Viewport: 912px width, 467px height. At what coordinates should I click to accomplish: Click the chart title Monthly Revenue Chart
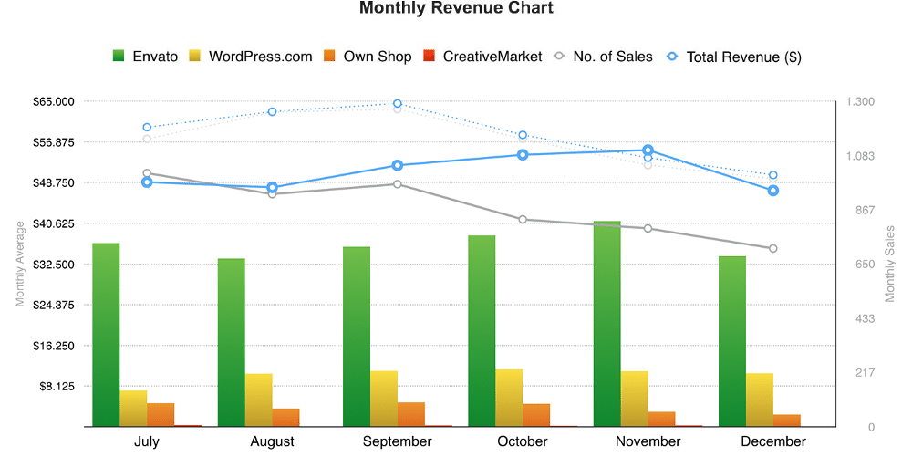click(x=456, y=8)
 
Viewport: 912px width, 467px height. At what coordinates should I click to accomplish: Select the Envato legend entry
click(x=145, y=57)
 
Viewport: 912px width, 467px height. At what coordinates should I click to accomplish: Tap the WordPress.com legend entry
click(x=250, y=57)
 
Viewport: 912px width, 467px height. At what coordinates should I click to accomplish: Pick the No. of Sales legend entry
click(x=603, y=57)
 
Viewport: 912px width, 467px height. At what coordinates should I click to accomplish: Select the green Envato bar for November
click(x=607, y=324)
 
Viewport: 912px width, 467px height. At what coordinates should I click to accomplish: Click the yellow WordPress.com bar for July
click(x=133, y=409)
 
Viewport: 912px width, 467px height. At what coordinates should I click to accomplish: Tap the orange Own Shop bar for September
click(x=411, y=415)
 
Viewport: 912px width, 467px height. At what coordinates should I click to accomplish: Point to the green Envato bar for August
click(x=232, y=343)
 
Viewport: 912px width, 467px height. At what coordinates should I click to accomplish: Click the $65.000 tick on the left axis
click(x=54, y=102)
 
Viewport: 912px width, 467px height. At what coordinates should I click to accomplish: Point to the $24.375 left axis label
click(x=54, y=306)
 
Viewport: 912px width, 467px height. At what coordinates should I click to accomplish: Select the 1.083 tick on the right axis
click(x=860, y=156)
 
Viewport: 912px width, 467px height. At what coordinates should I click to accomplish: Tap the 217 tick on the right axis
click(x=865, y=373)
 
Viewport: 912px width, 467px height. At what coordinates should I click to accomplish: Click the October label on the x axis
click(x=523, y=441)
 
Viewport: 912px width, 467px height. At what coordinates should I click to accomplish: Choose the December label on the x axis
click(x=773, y=441)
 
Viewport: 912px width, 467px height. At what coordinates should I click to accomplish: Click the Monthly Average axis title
click(x=20, y=264)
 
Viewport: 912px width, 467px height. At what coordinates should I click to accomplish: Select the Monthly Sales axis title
click(x=890, y=264)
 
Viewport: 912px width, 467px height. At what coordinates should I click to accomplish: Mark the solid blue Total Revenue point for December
click(x=773, y=191)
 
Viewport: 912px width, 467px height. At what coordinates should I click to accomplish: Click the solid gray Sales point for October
click(x=523, y=219)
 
